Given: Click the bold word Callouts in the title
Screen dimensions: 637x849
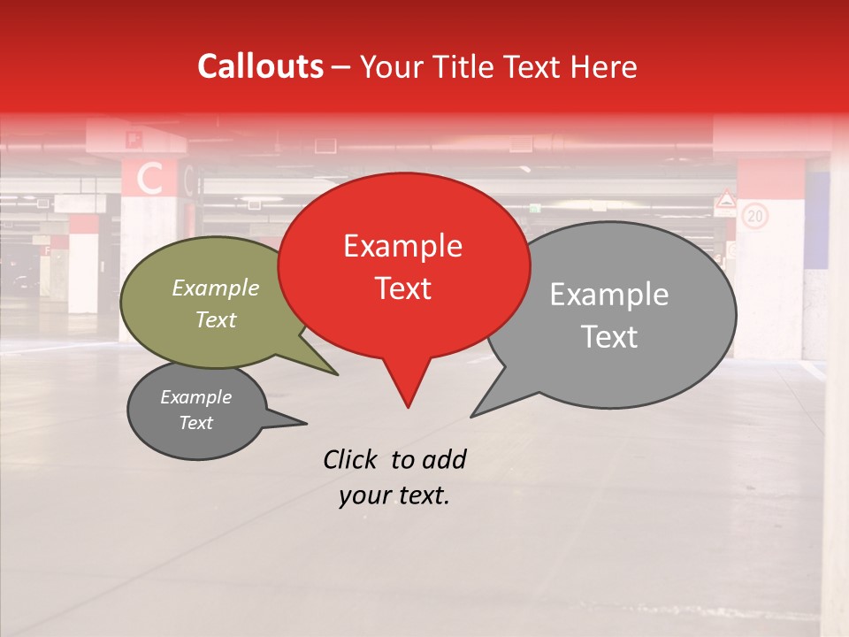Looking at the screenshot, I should pos(260,66).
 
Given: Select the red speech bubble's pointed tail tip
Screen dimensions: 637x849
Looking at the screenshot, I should pos(408,407).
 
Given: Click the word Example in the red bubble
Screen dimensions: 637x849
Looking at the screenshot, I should pos(402,246).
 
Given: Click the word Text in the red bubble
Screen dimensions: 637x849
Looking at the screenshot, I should pos(402,288).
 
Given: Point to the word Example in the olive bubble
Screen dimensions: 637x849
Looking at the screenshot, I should pos(216,288).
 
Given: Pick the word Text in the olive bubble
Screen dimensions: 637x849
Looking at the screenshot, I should pos(216,319).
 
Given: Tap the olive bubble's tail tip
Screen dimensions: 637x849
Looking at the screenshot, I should pos(337,374).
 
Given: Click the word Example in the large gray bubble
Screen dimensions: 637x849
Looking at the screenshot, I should pos(609,295).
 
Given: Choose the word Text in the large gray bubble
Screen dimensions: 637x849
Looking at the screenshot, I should pos(609,337).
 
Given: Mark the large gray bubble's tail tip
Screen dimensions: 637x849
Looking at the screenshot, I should pos(471,416).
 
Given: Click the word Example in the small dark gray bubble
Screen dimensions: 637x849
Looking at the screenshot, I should pos(196,397).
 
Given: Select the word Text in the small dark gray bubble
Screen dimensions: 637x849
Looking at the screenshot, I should pos(196,423).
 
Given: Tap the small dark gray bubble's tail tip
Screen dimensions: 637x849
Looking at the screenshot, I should pos(306,424).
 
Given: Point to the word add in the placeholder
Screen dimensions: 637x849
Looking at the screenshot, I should pos(443,459).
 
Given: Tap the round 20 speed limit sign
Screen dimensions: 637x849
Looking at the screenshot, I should pos(754,216).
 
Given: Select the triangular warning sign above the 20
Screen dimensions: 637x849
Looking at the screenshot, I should pos(726,201).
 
